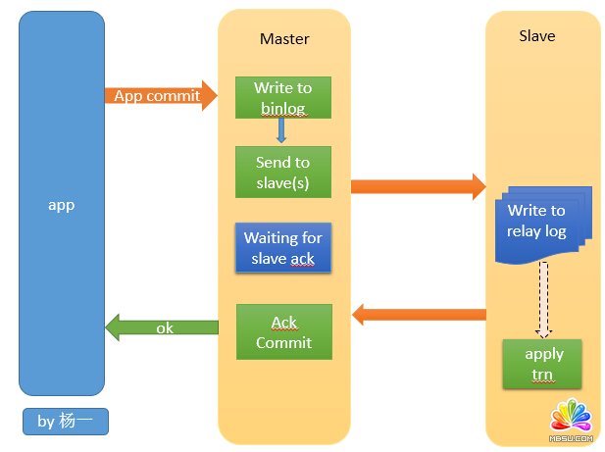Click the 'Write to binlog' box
tap(283, 97)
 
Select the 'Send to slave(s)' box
tap(283, 172)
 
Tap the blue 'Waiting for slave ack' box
tap(283, 247)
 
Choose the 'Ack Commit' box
tap(283, 331)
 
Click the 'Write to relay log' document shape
tap(536, 223)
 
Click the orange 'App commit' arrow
tap(157, 95)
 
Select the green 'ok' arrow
tap(162, 328)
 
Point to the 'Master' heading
tap(284, 39)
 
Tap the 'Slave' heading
tap(536, 36)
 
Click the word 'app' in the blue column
tap(62, 205)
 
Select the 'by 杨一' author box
tap(66, 422)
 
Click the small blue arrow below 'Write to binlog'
tap(281, 130)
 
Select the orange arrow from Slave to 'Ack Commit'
tap(420, 315)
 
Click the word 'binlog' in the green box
tap(283, 106)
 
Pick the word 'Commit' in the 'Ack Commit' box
tap(283, 342)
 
